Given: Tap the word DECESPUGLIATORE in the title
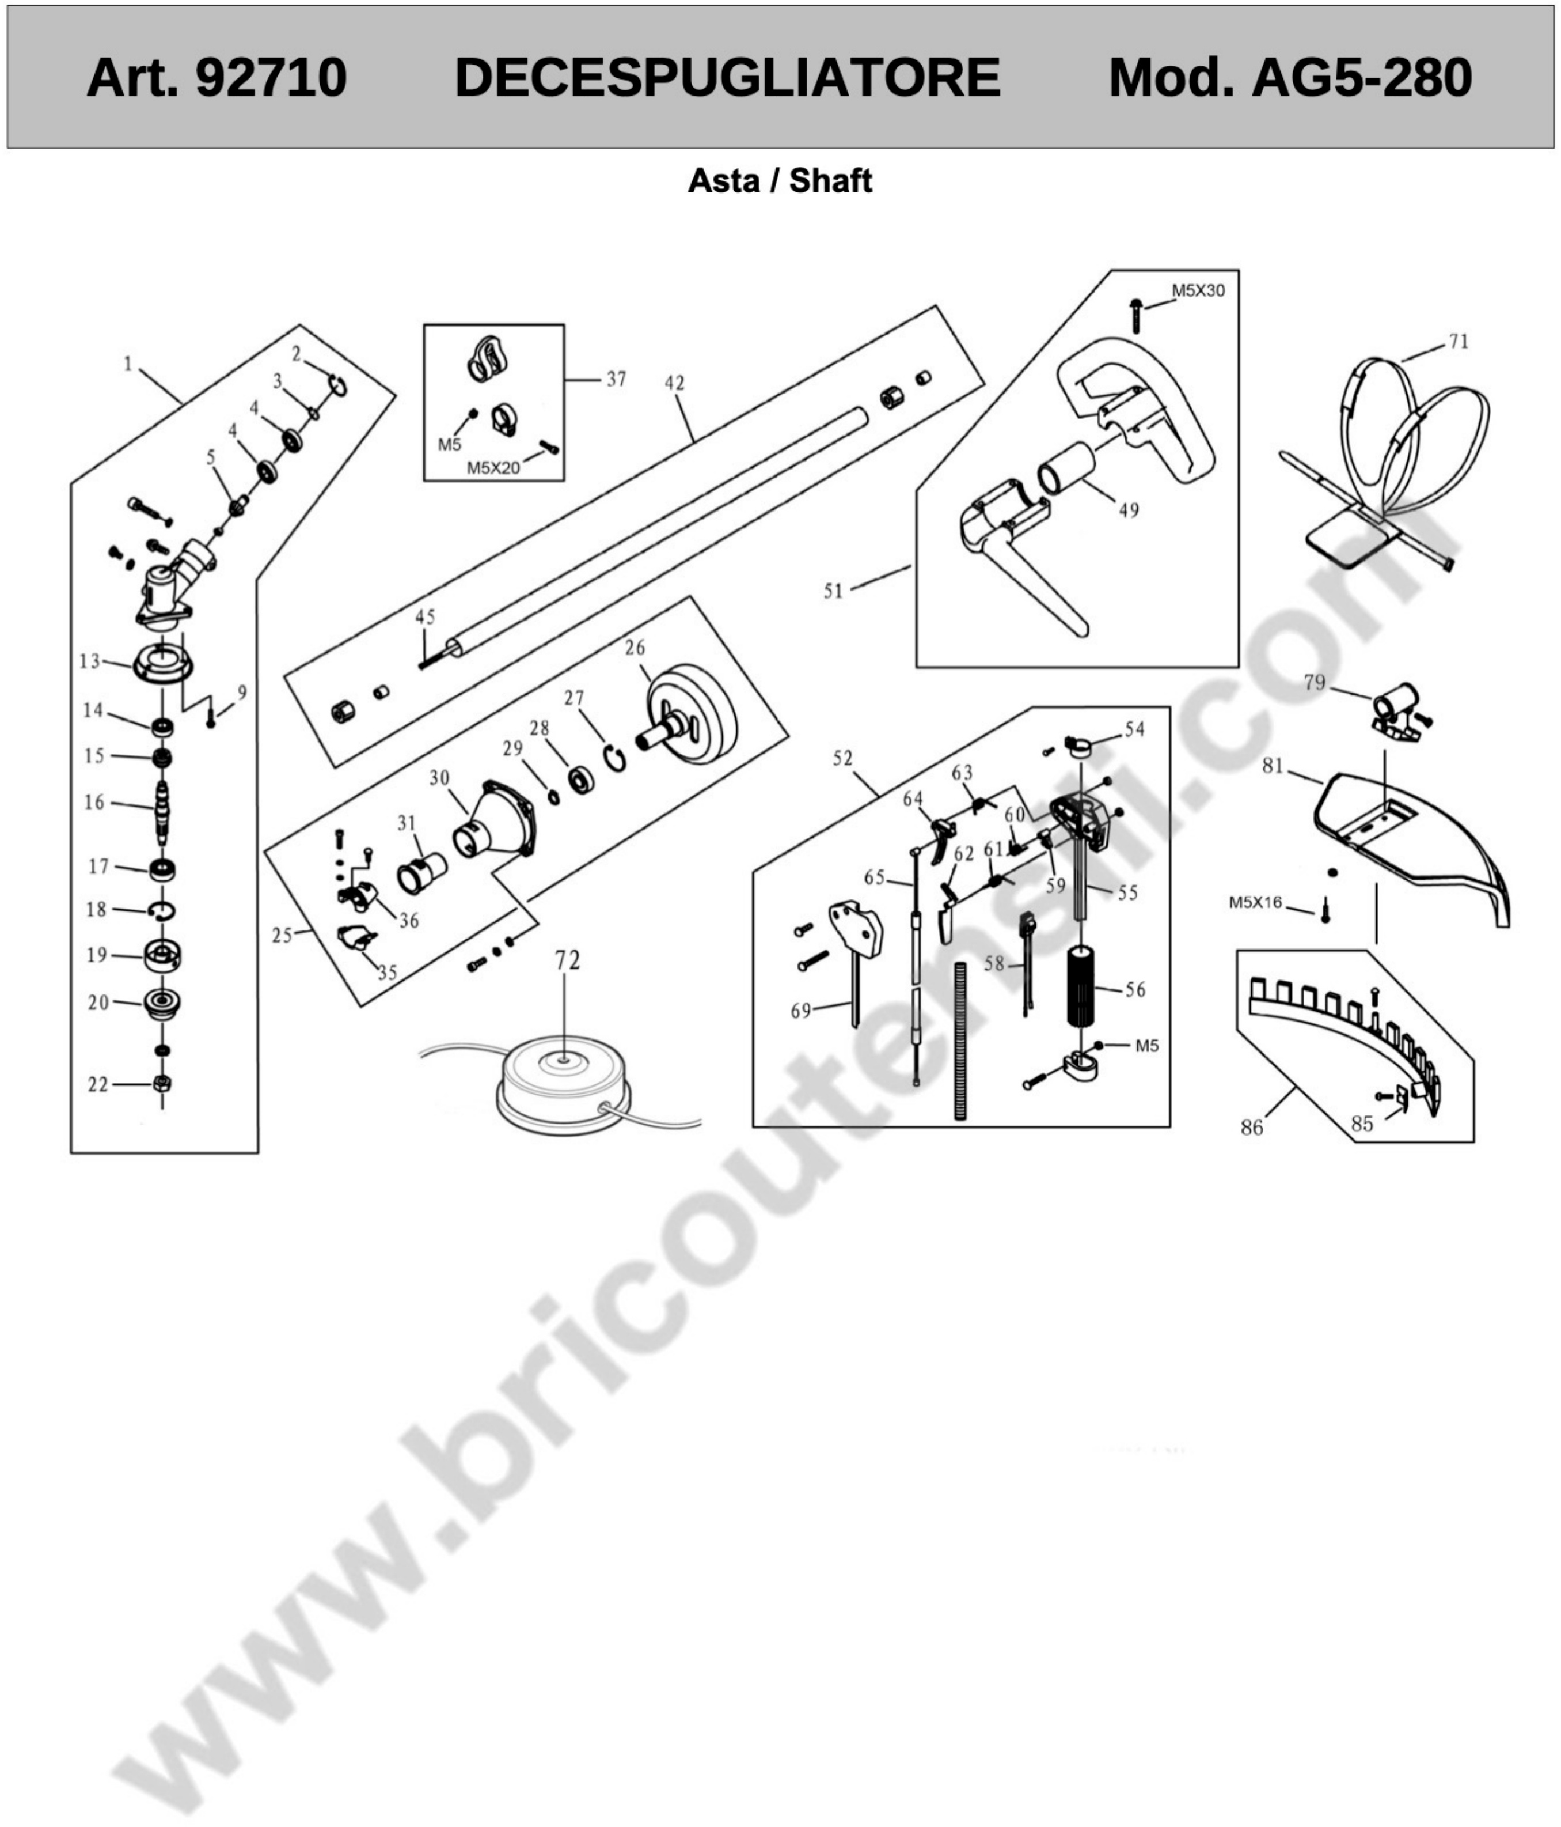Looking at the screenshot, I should pyautogui.click(x=727, y=78).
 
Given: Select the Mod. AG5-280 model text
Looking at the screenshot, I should pyautogui.click(x=1290, y=78).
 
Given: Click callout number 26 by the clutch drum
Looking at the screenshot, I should pyautogui.click(x=635, y=648).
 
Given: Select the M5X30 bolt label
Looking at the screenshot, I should pyautogui.click(x=1198, y=291).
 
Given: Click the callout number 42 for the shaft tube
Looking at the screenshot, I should pyautogui.click(x=674, y=384).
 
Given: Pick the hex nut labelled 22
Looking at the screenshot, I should pyautogui.click(x=162, y=1084).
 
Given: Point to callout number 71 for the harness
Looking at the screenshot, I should pyautogui.click(x=1459, y=342).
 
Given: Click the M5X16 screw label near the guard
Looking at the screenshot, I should pyautogui.click(x=1255, y=903).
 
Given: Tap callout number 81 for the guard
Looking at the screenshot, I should pyautogui.click(x=1272, y=766).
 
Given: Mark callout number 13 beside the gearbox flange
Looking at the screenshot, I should pyautogui.click(x=89, y=661).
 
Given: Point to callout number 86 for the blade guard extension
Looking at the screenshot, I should pyautogui.click(x=1252, y=1128).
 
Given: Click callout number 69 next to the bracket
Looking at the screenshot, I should pyautogui.click(x=800, y=1011).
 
